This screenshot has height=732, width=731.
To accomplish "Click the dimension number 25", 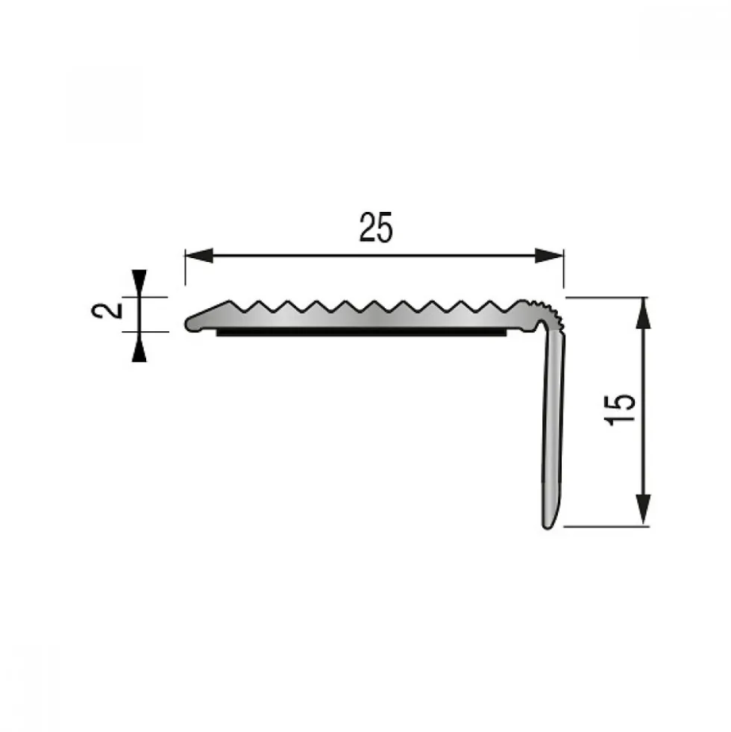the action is (376, 228).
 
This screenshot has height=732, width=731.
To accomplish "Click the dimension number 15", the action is (620, 410).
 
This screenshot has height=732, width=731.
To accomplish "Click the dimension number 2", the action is (107, 310).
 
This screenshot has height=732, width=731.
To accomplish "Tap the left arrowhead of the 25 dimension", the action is (199, 255).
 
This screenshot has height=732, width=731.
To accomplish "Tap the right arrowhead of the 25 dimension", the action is (550, 255).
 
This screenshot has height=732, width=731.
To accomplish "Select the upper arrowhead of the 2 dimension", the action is (139, 283).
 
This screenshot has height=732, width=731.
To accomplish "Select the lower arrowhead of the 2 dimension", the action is (139, 347).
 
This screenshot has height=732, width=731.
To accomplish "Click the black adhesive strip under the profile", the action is (361, 332).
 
